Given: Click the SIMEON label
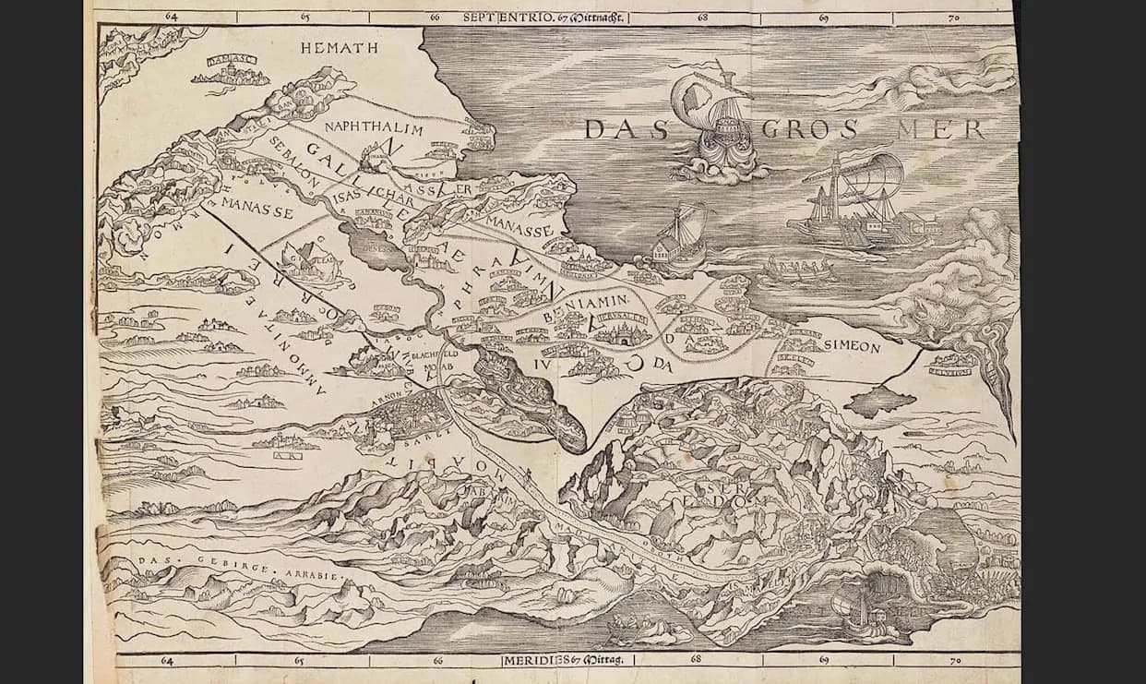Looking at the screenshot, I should pyautogui.click(x=851, y=347).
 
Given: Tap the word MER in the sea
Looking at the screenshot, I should pyautogui.click(x=942, y=129).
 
